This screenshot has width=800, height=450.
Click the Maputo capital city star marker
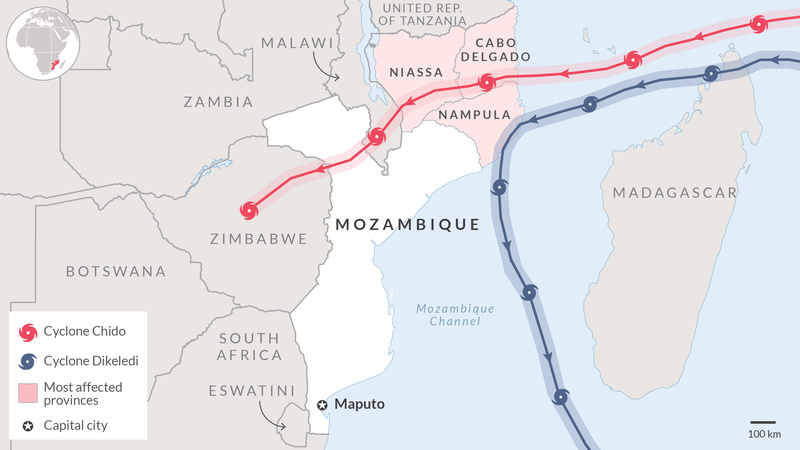pos(322,405)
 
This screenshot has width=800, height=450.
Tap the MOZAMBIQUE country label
pos(407,224)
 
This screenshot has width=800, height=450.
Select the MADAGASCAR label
pos(675,192)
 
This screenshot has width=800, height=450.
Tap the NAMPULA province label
pos(475,115)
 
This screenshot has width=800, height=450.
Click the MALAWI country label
pos(295,43)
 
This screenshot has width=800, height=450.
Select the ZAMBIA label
pos(217,101)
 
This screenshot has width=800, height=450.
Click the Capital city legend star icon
pos(28,426)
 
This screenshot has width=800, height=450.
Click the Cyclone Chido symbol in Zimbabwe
pos(249,210)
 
